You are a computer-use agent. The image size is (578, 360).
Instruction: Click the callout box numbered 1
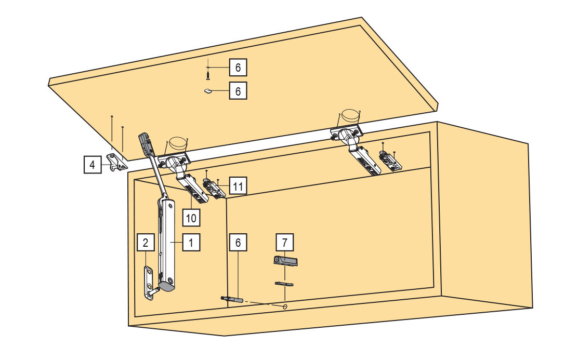(191, 242)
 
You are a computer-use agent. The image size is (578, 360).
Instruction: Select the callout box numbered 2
(146, 242)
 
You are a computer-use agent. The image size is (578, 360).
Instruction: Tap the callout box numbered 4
(93, 164)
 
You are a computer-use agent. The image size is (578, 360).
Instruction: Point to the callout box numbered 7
(284, 242)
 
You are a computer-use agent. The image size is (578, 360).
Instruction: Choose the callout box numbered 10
(191, 218)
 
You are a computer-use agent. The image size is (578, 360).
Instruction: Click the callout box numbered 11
(238, 186)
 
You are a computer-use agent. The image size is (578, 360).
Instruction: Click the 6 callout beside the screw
(238, 68)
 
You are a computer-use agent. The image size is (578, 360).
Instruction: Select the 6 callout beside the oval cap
(238, 90)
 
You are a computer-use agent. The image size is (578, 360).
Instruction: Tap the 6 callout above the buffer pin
(238, 242)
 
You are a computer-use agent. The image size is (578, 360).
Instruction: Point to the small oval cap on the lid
(208, 91)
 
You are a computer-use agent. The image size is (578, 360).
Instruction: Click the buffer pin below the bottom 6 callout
(232, 299)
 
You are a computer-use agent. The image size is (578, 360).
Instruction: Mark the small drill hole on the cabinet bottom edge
(285, 306)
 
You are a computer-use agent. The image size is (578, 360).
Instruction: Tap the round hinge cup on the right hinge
(350, 116)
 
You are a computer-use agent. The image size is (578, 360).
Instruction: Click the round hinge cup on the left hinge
(177, 144)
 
